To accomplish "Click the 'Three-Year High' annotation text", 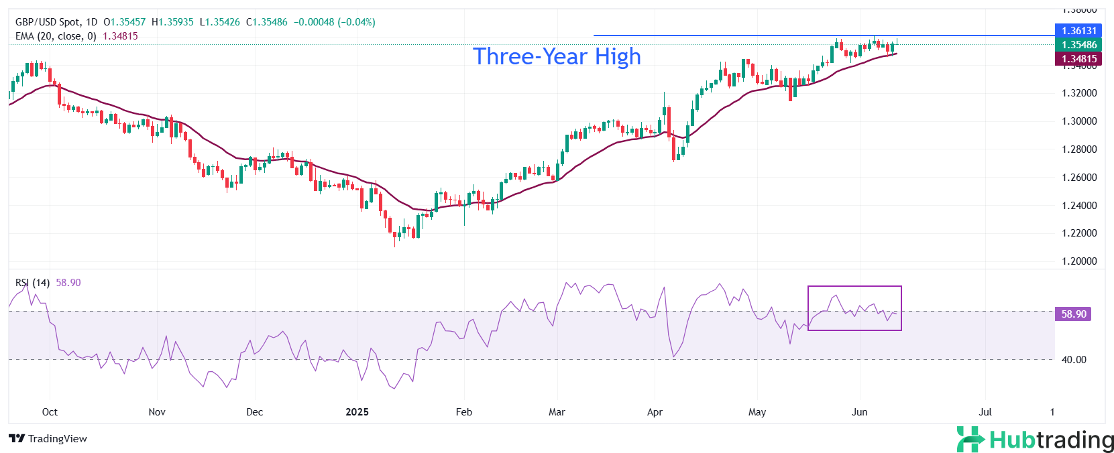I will [x=557, y=56].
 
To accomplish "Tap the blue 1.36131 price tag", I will [x=1078, y=31].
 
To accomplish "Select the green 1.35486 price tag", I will [x=1078, y=45].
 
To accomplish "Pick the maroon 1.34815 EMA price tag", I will [x=1078, y=59].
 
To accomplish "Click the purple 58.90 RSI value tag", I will [x=1073, y=314].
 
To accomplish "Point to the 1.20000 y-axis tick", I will [x=1079, y=261].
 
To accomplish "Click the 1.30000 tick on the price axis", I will [x=1079, y=121].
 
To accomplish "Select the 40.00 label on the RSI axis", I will [x=1073, y=360].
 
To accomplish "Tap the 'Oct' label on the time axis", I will [x=50, y=412].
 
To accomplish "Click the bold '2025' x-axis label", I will [x=357, y=412].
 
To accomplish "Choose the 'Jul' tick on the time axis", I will [x=985, y=412].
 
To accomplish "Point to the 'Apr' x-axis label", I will [x=655, y=412].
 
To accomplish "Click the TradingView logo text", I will [x=48, y=439].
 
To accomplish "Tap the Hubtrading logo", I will [x=1035, y=440].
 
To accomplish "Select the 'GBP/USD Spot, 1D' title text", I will [x=56, y=22].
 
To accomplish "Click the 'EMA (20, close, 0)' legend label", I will [x=56, y=36].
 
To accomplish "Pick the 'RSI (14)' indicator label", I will [x=32, y=283].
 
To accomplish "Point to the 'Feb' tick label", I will [x=464, y=412].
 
